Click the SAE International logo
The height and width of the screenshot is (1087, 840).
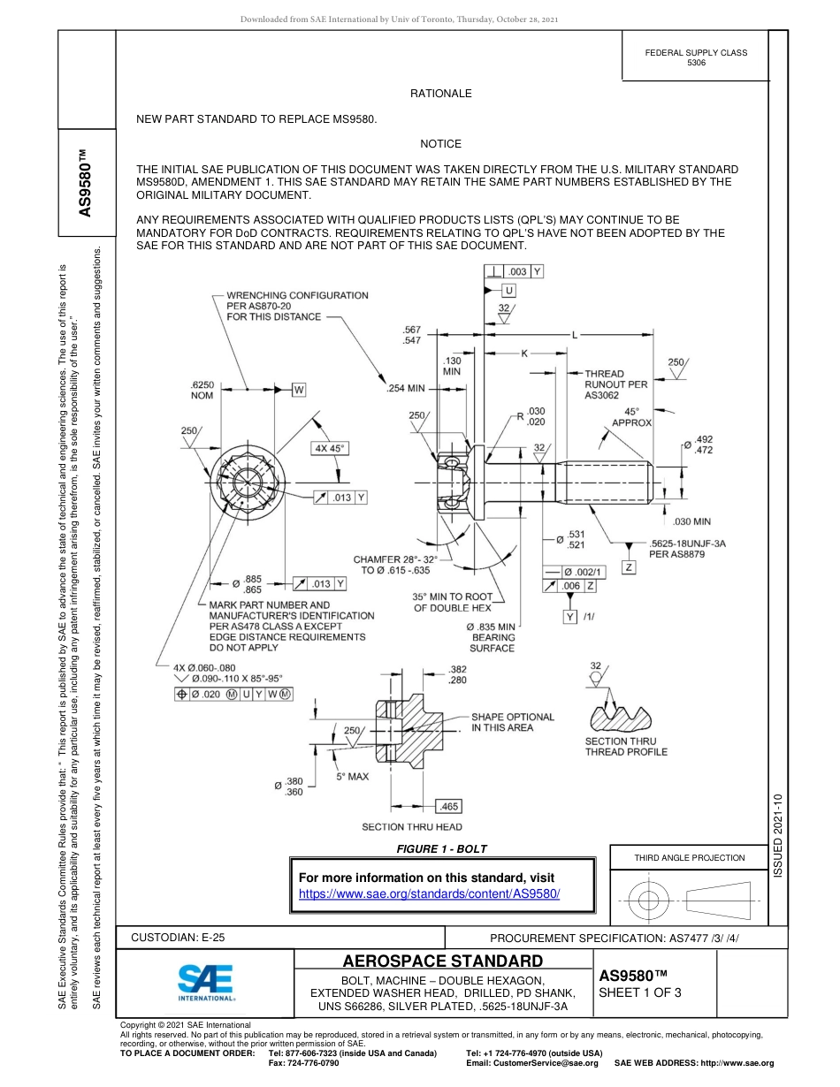coord(205,981)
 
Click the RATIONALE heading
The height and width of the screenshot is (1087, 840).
coord(440,94)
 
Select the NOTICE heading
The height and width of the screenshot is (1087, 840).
coord(440,144)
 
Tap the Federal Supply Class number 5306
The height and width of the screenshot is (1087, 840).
coord(696,63)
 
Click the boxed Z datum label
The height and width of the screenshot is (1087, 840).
coord(629,566)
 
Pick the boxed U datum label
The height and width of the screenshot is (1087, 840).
coord(509,290)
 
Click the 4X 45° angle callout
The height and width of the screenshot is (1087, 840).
coord(330,448)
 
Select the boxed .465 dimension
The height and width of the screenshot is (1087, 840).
coord(449,806)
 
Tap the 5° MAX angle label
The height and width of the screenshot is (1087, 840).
coord(352,776)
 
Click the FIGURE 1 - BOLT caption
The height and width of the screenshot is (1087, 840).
coord(441,849)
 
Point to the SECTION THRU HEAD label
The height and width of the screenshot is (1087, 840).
coord(412,827)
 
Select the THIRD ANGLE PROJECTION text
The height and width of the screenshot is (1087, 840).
coord(689,857)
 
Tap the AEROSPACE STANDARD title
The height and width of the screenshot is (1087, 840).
coord(442,961)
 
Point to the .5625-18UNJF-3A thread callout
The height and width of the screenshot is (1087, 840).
coord(688,543)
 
